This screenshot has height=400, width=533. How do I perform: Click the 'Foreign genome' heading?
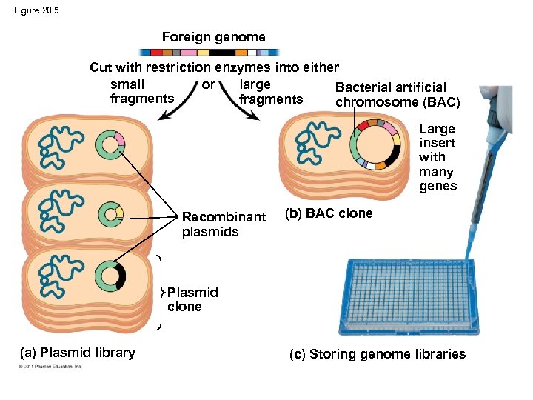tap(213, 37)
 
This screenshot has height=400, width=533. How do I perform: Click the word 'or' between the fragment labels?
tap(208, 84)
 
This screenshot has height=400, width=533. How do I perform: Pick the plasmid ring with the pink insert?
tap(110, 144)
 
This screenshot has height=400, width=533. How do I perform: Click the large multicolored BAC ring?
tap(377, 144)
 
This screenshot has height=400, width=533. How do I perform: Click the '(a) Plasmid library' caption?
tap(77, 353)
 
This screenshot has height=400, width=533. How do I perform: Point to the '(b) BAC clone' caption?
tap(329, 213)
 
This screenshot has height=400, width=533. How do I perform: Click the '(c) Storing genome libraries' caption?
tap(378, 354)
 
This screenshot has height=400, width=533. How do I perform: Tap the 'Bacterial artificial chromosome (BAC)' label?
tap(398, 95)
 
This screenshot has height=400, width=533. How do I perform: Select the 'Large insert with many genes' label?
tap(438, 157)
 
